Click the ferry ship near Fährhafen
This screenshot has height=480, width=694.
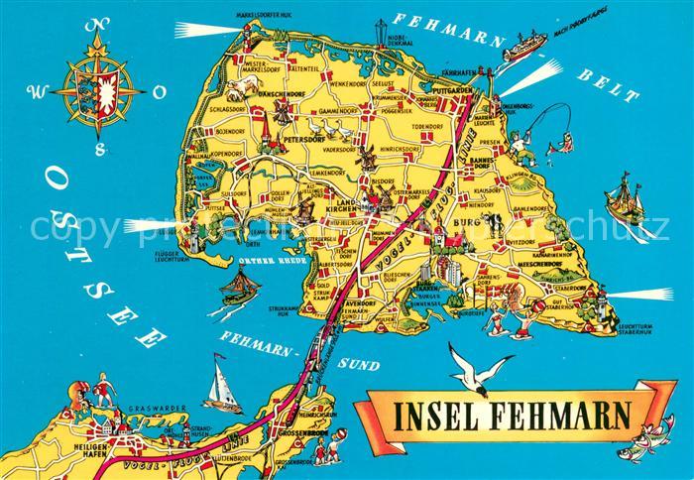(525, 46)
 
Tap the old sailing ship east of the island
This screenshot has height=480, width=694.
(626, 198)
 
